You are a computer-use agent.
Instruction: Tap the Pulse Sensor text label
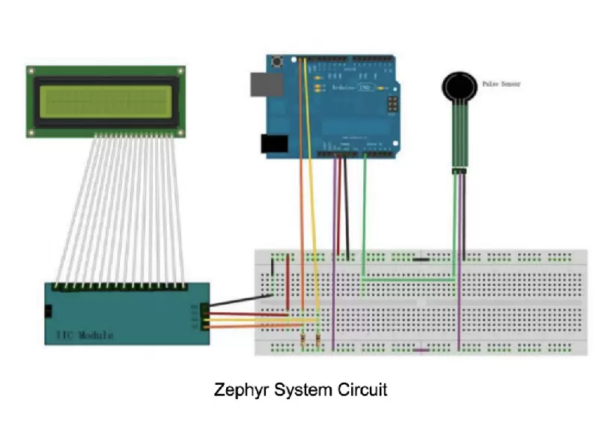point(500,85)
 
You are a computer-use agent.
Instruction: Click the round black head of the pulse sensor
point(457,86)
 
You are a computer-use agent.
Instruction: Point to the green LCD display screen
point(106,101)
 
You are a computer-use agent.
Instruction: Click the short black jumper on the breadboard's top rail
point(421,260)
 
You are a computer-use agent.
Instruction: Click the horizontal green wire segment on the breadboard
point(408,279)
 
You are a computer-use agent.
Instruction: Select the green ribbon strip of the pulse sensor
point(458,135)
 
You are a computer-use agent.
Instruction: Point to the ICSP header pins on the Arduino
point(391,104)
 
